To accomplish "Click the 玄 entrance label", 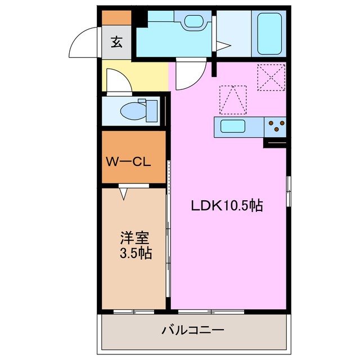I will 116,43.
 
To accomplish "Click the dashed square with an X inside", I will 271,76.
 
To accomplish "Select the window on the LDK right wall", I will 289,191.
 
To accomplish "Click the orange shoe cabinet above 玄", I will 116,18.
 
